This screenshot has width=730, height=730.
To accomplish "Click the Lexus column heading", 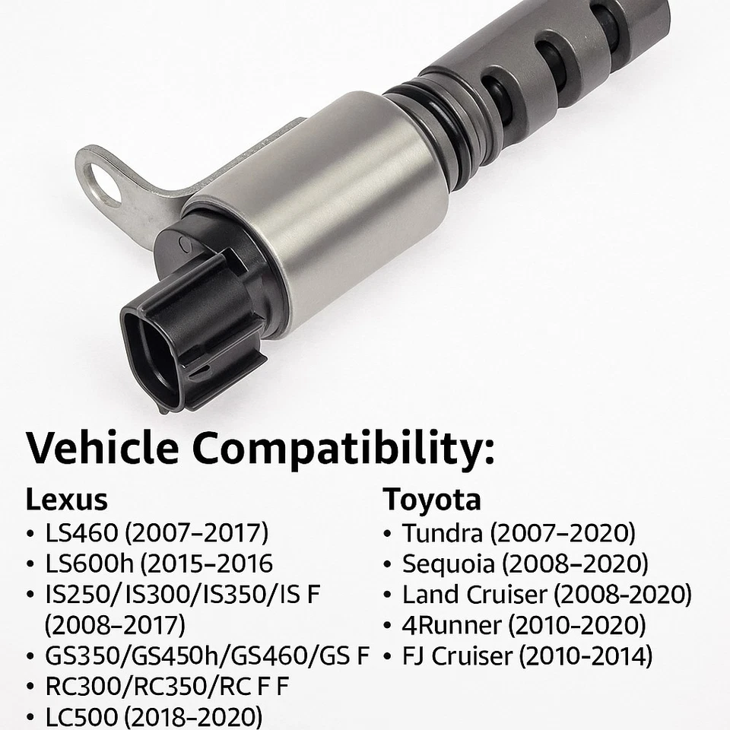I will click(66, 500).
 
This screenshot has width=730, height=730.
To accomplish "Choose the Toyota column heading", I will click(432, 500).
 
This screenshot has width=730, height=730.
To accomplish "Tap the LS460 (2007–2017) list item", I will click(157, 532).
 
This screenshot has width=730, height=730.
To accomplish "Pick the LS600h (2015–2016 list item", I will click(159, 563).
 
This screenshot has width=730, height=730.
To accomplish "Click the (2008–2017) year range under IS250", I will click(115, 625).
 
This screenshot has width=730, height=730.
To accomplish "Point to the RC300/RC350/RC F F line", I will click(167, 687).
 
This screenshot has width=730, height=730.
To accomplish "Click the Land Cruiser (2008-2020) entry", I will click(547, 594).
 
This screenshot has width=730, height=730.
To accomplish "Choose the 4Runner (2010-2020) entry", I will click(524, 625).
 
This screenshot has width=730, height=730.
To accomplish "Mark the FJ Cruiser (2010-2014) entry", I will click(527, 655).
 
